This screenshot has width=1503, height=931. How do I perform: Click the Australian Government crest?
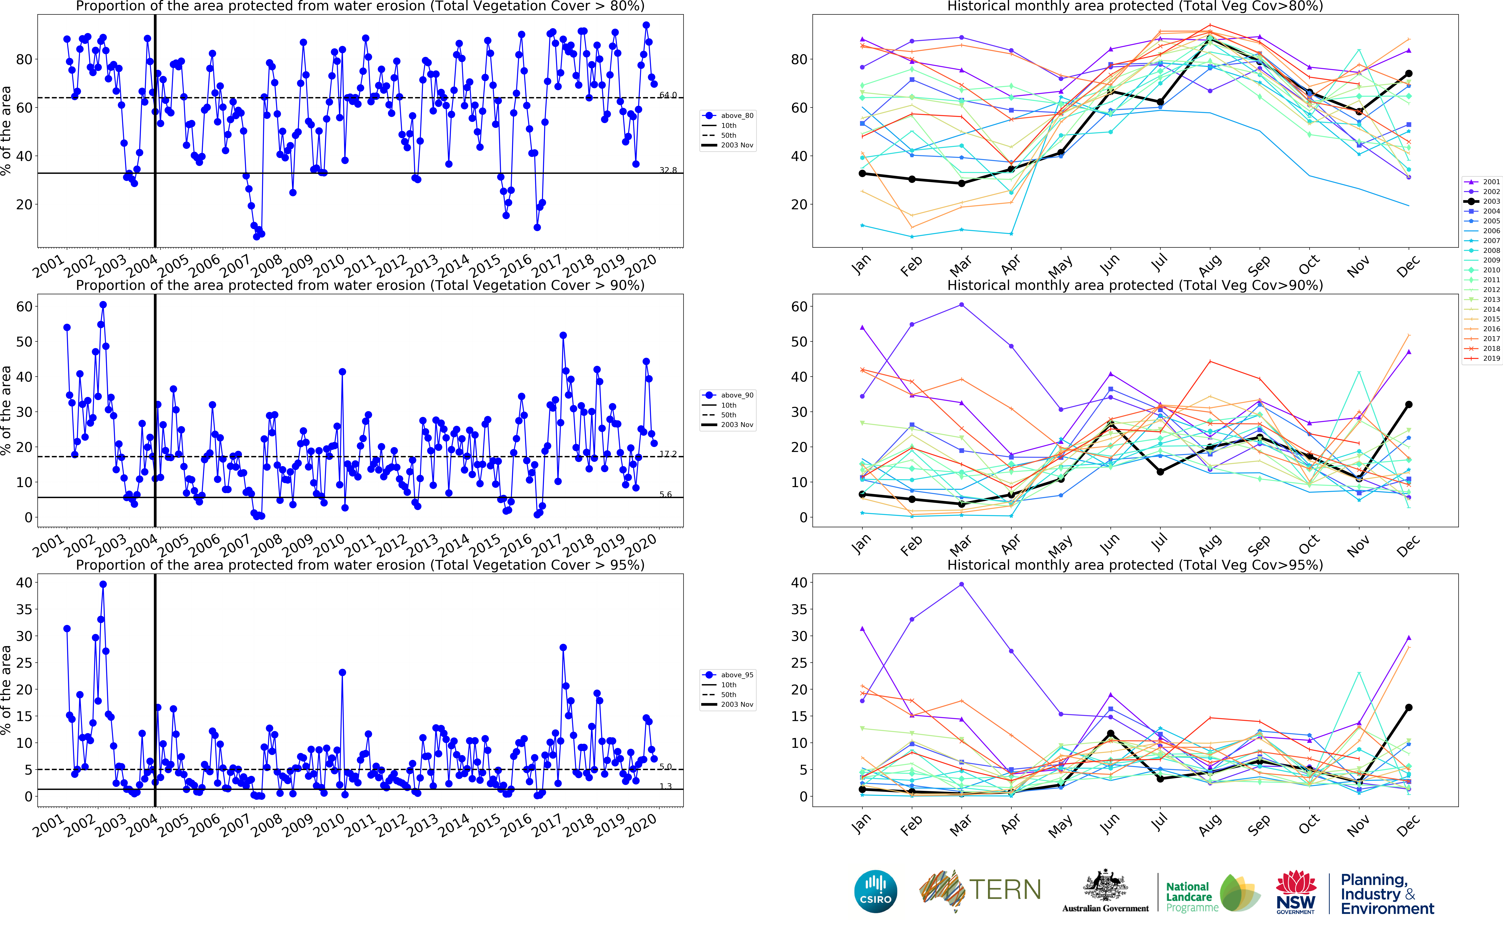tap(1105, 887)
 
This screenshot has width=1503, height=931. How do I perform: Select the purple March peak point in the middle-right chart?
tap(961, 305)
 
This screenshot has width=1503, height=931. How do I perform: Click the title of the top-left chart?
tap(360, 6)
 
